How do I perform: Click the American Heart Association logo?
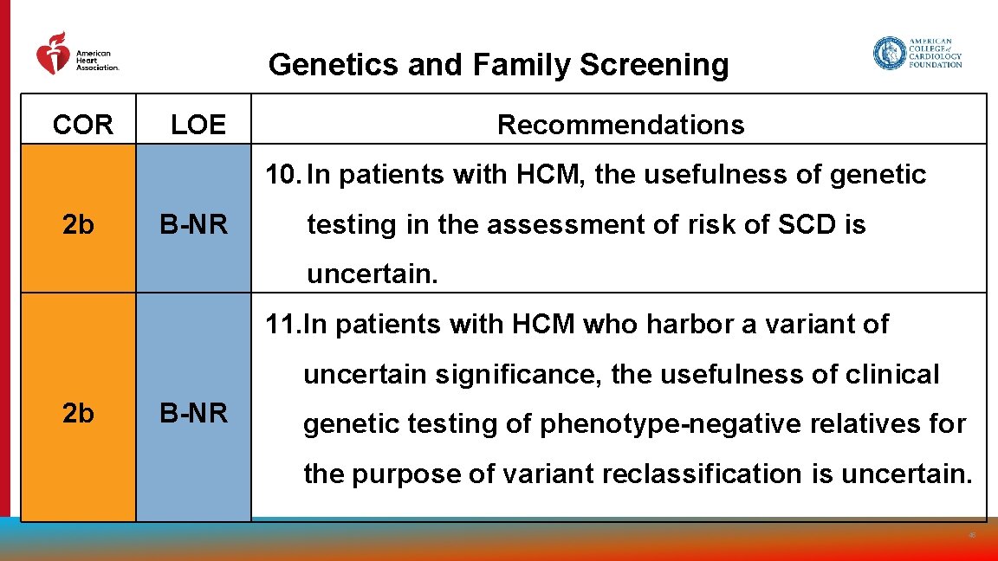coord(76,55)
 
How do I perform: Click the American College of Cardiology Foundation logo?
coord(917,53)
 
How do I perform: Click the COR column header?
coord(82,126)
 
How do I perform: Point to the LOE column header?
coord(198,126)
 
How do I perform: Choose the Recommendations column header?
coord(620,125)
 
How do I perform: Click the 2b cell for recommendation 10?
coord(79,225)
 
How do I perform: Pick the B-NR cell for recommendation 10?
coord(194,225)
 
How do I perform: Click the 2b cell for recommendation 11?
coord(79,414)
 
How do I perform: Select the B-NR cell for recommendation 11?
coord(194,414)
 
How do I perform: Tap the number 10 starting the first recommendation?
coord(282,175)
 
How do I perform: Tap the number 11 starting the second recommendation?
coord(282,325)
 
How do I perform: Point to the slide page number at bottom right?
coord(972,536)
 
